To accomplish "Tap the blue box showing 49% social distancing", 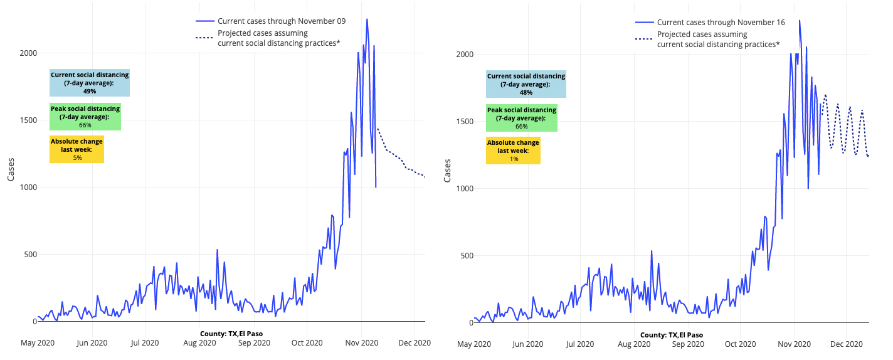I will (x=90, y=83).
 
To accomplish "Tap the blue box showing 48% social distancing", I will (x=526, y=84).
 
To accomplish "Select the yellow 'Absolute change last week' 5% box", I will (x=77, y=149).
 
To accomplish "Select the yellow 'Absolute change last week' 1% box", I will (x=514, y=151).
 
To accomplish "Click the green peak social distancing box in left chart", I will (x=85, y=117).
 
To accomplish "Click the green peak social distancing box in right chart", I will (x=522, y=118).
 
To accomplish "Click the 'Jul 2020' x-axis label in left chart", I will (x=145, y=343).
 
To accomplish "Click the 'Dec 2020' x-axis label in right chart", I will (x=847, y=344).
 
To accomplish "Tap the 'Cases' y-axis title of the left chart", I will (x=11, y=169).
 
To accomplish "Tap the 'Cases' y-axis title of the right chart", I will (x=447, y=171).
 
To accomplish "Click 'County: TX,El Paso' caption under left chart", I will (x=231, y=334).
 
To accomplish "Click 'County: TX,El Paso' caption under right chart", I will (x=672, y=335).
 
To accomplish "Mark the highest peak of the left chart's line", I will (x=367, y=19).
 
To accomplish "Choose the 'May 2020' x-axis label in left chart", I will (x=37, y=343).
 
